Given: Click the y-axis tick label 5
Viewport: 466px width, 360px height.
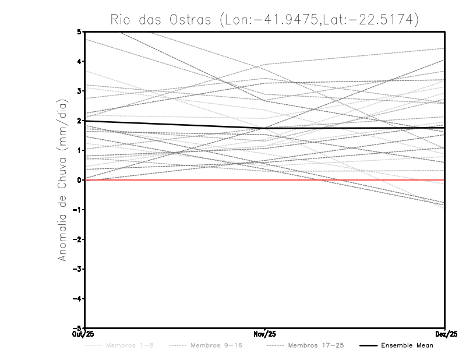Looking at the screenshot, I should point(79,31).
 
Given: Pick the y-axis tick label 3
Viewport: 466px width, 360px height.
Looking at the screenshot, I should point(79,91).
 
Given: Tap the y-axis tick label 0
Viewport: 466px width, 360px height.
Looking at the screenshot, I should point(79,180).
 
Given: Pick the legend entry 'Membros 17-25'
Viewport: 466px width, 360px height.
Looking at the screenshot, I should point(316,346).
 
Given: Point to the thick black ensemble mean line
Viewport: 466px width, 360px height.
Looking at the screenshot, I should point(175,124).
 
